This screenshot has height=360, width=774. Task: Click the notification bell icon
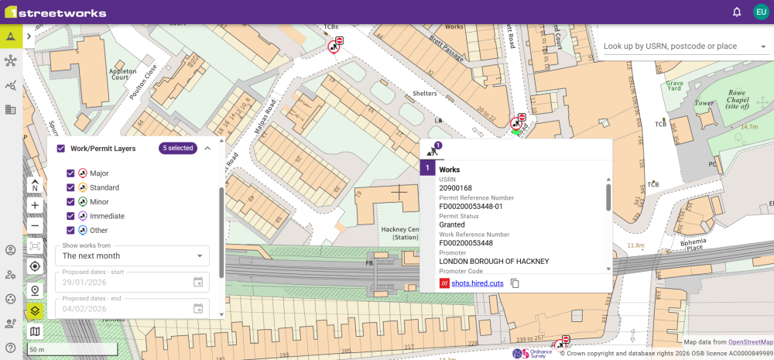pos(737,12)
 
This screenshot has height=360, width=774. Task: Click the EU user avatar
pos(760,12)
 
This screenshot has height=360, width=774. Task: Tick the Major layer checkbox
pos(70,173)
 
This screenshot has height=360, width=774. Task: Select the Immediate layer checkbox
pos(70,216)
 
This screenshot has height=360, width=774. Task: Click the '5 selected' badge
pos(178,148)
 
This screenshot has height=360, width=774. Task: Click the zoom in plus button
pos(35,206)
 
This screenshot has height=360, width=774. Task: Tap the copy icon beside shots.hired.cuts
pos(515,283)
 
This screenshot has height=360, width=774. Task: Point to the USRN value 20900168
pos(455,188)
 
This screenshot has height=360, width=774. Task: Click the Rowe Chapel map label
pos(741,99)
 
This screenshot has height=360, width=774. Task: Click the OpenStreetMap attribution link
pos(750,341)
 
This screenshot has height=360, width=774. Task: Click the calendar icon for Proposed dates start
pos(198,283)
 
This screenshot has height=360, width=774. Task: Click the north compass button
pos(35,186)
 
